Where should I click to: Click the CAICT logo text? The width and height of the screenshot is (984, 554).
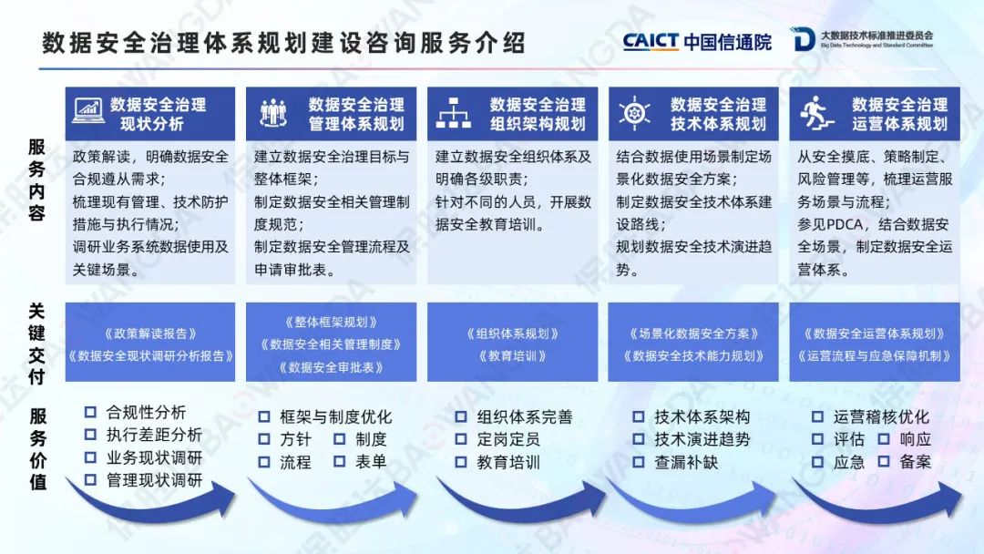651,41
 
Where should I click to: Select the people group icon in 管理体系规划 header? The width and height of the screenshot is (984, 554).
273,113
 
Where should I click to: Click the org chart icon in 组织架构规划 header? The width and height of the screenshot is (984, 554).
453,113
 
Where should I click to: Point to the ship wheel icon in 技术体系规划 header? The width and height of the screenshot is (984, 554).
634,113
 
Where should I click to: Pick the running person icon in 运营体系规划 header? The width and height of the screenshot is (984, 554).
816,113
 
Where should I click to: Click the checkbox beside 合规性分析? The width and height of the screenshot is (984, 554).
90,412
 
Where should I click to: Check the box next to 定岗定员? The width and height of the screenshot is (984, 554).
461,439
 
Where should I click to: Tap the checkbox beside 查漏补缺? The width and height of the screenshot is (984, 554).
638,462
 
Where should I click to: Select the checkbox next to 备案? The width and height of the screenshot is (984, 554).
884,462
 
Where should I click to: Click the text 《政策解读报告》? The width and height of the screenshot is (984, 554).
150,333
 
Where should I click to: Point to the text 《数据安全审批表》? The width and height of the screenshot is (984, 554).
331,367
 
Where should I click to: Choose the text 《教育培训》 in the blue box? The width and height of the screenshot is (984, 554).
512,355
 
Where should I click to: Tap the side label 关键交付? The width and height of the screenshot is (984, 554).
37,344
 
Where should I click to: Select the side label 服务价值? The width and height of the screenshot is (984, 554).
37,448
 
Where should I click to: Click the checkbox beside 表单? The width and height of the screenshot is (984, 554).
340,462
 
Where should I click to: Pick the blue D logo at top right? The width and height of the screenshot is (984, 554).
802,39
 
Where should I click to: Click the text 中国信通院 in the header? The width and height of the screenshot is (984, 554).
727,41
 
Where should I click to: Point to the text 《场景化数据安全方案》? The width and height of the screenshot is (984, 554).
693,333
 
